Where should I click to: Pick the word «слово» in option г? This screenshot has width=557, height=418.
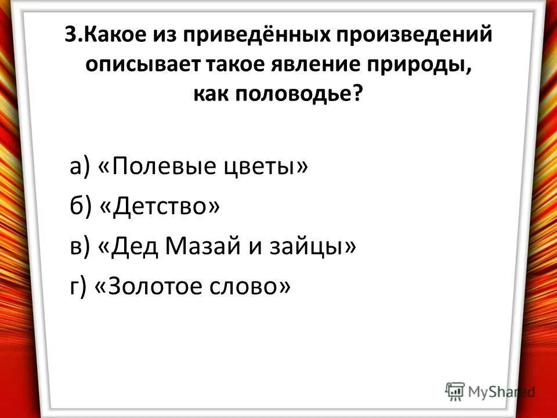(x=256, y=286)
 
